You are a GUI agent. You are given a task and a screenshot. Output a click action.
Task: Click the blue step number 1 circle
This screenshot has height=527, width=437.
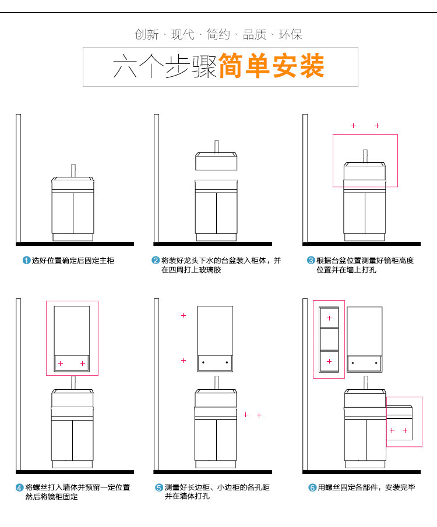pyautogui.click(x=26, y=261)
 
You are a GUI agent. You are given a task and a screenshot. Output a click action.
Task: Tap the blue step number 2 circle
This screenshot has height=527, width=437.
pyautogui.click(x=156, y=261)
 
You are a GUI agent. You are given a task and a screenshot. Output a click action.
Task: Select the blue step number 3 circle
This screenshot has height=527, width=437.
pyautogui.click(x=311, y=261)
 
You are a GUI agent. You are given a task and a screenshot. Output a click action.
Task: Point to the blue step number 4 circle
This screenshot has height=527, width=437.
pyautogui.click(x=20, y=488)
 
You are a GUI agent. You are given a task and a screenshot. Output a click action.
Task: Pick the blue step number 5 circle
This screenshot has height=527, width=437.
pyautogui.click(x=158, y=488)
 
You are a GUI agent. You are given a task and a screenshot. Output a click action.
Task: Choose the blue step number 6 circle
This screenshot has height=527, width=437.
pyautogui.click(x=312, y=488)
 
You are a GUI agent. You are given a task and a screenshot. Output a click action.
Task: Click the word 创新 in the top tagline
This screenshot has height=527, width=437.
pyautogui.click(x=147, y=34)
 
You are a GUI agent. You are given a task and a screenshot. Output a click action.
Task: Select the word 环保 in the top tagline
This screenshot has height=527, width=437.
pyautogui.click(x=290, y=34)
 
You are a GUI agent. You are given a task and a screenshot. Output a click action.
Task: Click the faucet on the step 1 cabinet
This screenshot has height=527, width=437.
pyautogui.click(x=74, y=170)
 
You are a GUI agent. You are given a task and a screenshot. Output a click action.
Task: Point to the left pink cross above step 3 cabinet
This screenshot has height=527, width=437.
pyautogui.click(x=353, y=126)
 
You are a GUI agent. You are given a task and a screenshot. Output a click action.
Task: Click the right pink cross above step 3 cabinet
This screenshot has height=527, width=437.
pyautogui.click(x=377, y=126)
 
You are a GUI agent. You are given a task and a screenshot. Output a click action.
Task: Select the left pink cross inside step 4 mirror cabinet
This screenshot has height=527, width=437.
pyautogui.click(x=60, y=363)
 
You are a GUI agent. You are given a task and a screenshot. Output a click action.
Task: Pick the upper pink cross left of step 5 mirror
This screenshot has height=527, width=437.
pyautogui.click(x=183, y=315)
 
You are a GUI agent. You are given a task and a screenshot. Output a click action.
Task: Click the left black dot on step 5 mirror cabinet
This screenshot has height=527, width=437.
pyautogui.click(x=203, y=362)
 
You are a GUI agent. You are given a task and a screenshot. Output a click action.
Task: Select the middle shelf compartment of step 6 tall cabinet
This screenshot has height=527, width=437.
pyautogui.click(x=329, y=339)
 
